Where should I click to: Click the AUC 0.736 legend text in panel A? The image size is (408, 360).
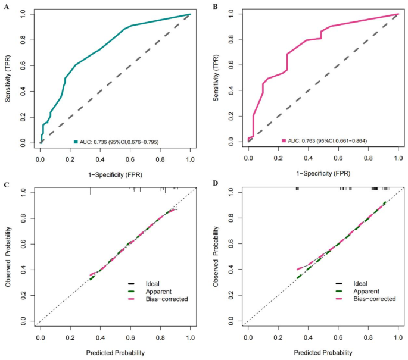pyautogui.click(x=119, y=142)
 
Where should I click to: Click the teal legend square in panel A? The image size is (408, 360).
pyautogui.click(x=76, y=142)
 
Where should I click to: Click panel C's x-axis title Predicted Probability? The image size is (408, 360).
pyautogui.click(x=116, y=353)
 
